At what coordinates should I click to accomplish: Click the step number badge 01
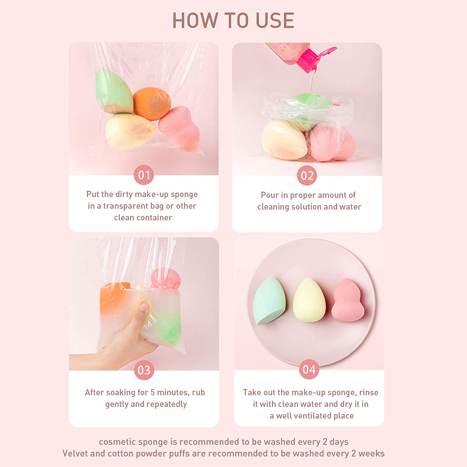pyautogui.click(x=144, y=175)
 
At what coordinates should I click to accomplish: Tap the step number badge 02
pyautogui.click(x=307, y=176)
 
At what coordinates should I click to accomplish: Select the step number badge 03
pyautogui.click(x=144, y=370)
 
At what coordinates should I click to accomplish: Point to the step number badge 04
pyautogui.click(x=309, y=369)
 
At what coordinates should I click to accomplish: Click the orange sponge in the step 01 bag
pyautogui.click(x=152, y=104)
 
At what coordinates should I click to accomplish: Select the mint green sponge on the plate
pyautogui.click(x=269, y=301)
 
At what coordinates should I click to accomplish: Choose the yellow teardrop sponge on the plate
pyautogui.click(x=309, y=301)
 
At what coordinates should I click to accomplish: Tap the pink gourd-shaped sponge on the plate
pyautogui.click(x=348, y=301)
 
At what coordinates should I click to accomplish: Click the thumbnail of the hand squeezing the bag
pyautogui.click(x=144, y=304)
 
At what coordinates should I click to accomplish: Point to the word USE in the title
pyautogui.click(x=275, y=21)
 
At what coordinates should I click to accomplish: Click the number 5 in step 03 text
pyautogui.click(x=153, y=392)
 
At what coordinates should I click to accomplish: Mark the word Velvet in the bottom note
pyautogui.click(x=75, y=453)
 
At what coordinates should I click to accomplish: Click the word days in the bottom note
pyautogui.click(x=339, y=442)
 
